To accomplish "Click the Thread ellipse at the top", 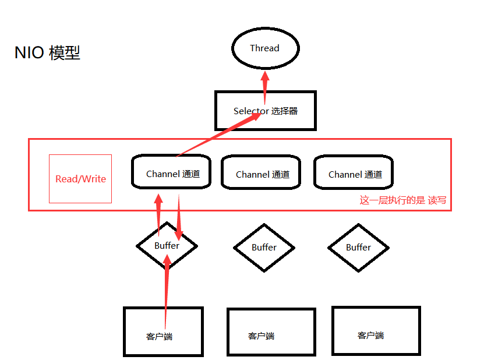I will tap(265, 48).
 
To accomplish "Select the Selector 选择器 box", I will tap(265, 111).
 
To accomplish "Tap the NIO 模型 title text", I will tap(47, 53).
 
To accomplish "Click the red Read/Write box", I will tap(80, 179).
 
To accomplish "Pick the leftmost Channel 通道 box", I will tap(171, 172).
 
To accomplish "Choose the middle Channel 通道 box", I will tap(262, 174).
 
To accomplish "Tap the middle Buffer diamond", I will tap(264, 248).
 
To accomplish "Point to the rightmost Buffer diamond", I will tap(358, 248).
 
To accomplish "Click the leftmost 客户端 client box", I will tap(163, 331).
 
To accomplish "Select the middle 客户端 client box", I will tap(270, 332).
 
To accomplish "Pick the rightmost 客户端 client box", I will tap(376, 330).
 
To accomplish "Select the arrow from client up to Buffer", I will tap(167, 291).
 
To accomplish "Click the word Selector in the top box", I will tap(251, 111).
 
